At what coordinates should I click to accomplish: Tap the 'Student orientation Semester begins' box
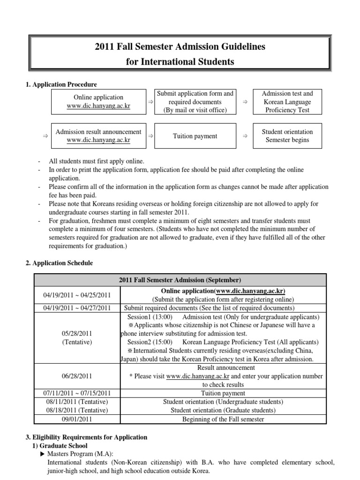[x=287, y=136]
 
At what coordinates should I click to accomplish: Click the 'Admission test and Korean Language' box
[x=287, y=102]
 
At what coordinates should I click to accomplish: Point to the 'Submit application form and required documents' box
[x=195, y=102]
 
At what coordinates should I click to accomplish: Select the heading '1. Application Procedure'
[x=61, y=84]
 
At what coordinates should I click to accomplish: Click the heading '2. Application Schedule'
[x=60, y=263]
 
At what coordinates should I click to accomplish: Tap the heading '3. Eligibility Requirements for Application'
[x=86, y=437]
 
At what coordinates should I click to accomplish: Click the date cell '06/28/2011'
[x=77, y=376]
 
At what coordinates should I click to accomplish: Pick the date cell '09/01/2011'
[x=77, y=419]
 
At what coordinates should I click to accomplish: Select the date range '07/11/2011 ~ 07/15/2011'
[x=77, y=393]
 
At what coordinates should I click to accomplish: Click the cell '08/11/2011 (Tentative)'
[x=77, y=402]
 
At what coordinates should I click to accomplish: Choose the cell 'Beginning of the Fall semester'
[x=223, y=419]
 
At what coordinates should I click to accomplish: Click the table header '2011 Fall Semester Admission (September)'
[x=180, y=280]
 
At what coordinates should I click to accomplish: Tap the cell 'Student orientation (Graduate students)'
[x=223, y=410]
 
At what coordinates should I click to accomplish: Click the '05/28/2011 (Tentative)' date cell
[x=77, y=337]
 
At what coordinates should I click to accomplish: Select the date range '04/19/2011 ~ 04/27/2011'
[x=77, y=308]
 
